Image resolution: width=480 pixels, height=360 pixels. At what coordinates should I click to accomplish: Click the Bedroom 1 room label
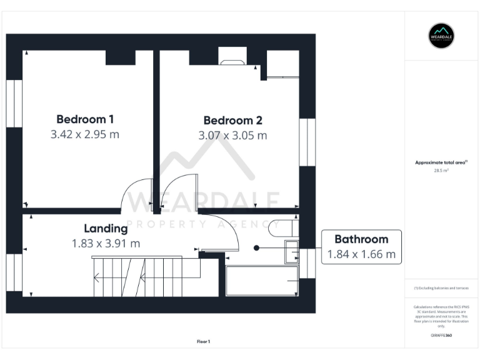(85, 119)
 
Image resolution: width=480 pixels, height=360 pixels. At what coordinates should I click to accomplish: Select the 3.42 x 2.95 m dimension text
(85, 134)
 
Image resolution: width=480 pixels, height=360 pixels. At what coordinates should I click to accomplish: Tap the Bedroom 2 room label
(232, 121)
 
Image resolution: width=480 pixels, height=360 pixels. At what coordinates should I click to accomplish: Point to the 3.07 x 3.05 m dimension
(232, 136)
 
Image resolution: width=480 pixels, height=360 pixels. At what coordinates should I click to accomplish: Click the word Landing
(106, 228)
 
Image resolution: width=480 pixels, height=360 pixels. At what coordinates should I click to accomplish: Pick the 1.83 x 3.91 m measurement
(106, 243)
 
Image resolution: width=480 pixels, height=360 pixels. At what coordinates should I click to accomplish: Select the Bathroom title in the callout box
(361, 239)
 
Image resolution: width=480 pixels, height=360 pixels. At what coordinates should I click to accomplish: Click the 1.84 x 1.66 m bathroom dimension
(361, 254)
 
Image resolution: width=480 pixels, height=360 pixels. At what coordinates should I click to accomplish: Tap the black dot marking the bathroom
(256, 247)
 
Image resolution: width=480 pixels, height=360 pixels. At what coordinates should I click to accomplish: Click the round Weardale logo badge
(441, 36)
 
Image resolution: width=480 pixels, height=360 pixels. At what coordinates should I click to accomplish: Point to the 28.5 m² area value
(441, 170)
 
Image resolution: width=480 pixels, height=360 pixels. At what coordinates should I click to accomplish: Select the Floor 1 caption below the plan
(203, 341)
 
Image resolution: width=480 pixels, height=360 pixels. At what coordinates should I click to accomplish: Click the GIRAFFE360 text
(441, 336)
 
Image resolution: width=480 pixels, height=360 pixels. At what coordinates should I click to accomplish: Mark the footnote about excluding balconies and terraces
(441, 288)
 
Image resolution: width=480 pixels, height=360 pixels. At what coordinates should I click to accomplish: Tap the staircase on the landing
(147, 277)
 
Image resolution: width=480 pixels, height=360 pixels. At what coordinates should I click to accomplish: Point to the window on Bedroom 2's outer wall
(307, 142)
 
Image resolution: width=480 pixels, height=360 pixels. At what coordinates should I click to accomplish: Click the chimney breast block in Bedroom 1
(121, 57)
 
